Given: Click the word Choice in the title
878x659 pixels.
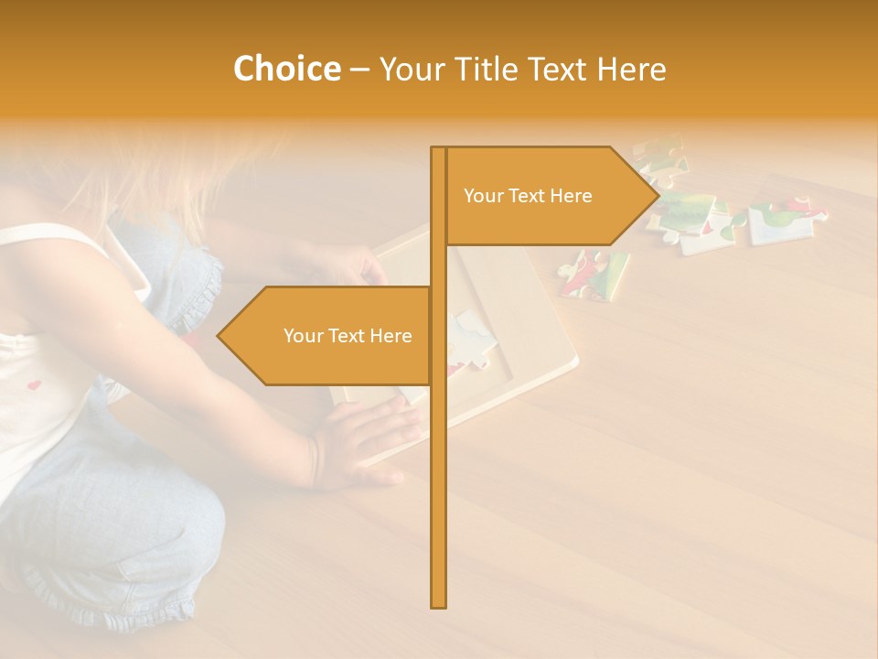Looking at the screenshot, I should click(286, 70).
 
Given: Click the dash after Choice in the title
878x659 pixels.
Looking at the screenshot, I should click(359, 70).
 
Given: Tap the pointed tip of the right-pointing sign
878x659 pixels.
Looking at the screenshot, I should click(657, 196).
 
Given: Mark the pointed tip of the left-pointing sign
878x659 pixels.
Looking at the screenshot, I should click(219, 336).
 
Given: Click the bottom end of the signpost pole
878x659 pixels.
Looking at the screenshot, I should click(439, 604).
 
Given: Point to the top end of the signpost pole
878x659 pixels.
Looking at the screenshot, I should click(439, 150).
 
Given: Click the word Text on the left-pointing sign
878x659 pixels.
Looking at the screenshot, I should click(348, 336).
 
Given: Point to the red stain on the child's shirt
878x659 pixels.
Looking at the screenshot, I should click(34, 385).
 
